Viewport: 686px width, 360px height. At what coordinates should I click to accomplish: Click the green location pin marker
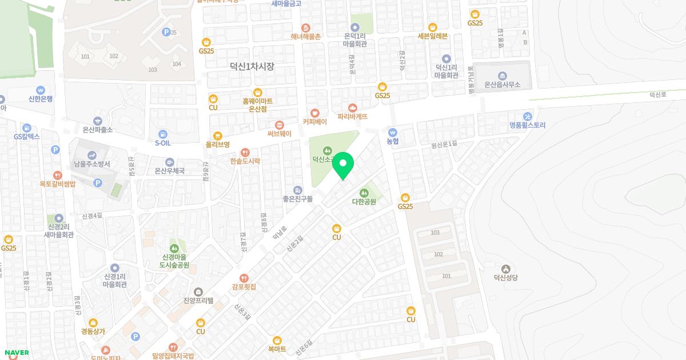point(343,165)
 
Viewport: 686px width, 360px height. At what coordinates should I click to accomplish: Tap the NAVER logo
point(16,353)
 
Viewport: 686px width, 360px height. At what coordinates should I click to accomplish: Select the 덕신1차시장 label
point(252,66)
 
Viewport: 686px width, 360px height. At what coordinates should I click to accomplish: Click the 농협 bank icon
point(392,131)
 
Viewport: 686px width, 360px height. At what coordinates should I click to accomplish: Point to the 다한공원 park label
point(364,202)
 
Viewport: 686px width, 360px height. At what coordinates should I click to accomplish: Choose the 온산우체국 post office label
point(170,171)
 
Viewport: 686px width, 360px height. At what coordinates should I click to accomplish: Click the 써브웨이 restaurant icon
point(280,125)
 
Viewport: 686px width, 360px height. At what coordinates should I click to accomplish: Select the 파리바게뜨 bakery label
point(353,117)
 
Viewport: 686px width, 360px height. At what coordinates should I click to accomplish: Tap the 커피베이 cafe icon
point(314,113)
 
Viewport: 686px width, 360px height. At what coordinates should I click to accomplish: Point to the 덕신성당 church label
point(505,278)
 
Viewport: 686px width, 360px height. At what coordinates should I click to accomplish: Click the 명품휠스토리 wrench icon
point(528,116)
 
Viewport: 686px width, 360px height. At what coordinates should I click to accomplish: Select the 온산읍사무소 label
point(502,85)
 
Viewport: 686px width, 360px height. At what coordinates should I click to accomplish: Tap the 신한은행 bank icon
point(41,90)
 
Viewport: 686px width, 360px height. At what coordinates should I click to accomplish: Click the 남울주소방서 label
point(91,164)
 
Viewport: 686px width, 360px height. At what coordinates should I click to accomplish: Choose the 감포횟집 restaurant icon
point(244,278)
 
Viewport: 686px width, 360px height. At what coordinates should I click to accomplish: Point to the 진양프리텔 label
point(198,300)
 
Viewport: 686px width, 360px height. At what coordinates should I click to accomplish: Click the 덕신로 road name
point(658,95)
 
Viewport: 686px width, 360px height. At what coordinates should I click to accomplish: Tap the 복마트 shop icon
point(277,340)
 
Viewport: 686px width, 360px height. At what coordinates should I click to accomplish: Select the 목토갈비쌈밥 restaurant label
point(57,184)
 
